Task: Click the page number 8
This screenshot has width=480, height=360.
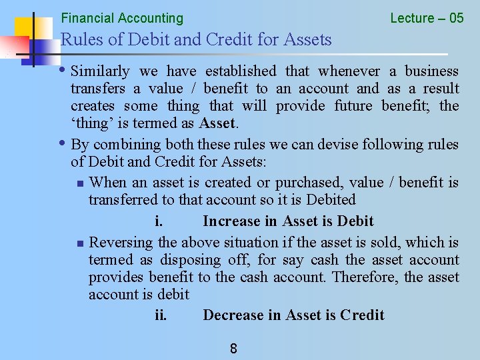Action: pos(233,348)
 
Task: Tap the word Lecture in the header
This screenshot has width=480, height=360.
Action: pos(412,18)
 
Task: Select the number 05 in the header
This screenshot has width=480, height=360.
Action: pos(456,18)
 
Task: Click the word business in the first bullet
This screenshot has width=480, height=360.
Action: pos(432,71)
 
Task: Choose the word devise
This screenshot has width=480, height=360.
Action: pos(320,144)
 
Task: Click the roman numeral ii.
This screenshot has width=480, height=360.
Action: pos(161,315)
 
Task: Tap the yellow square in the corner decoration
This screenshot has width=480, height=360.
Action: pos(25,28)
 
